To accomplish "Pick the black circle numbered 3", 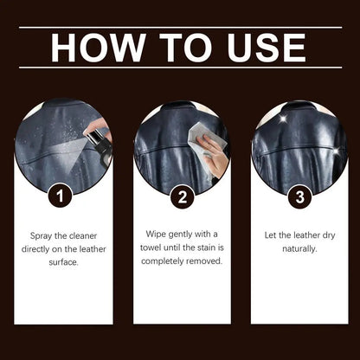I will (x=299, y=196).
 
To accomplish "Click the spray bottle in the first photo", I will (x=101, y=146).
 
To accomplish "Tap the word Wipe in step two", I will (x=154, y=234).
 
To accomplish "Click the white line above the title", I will (x=180, y=28).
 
